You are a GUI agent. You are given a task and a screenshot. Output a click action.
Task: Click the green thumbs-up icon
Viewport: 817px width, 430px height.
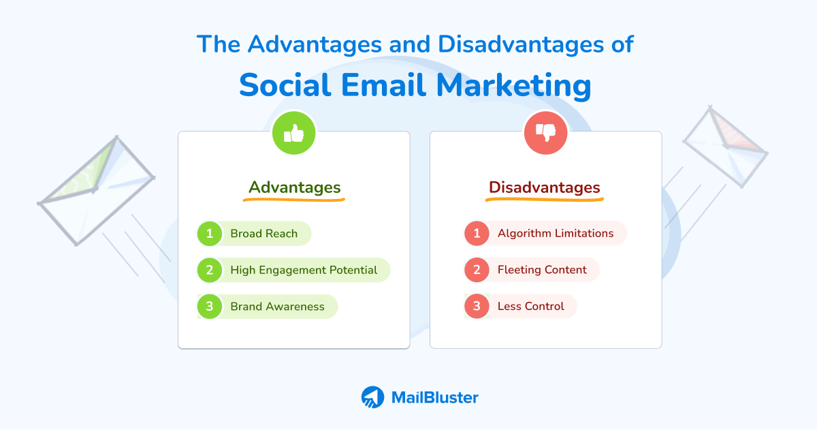(293, 133)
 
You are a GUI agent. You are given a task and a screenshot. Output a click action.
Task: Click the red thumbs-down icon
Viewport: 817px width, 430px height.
(545, 133)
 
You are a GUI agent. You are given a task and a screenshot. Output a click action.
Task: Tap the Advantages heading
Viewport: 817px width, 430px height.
(294, 187)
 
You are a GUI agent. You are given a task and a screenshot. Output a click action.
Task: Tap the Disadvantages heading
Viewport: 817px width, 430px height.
(545, 187)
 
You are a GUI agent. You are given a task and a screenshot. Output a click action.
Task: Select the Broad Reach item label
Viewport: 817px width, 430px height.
(263, 234)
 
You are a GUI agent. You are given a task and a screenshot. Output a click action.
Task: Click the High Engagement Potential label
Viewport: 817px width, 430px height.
(304, 270)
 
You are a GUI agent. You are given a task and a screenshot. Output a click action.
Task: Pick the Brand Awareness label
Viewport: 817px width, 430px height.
(277, 307)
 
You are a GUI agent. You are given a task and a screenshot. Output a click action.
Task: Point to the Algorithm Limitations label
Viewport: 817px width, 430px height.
(555, 233)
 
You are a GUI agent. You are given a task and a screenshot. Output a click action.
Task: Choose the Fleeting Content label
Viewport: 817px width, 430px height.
(542, 270)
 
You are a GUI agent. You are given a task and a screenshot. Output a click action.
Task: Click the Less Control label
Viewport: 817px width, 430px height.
(530, 307)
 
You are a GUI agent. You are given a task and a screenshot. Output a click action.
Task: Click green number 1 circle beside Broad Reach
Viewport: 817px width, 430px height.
(210, 234)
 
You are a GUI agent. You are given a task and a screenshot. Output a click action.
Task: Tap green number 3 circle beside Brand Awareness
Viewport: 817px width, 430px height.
(210, 307)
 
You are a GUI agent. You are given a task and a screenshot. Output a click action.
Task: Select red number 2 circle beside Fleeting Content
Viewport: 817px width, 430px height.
(477, 270)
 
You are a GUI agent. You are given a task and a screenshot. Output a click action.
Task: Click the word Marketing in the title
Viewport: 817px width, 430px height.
(513, 87)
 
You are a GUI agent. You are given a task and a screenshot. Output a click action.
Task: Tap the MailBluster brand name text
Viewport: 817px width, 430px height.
(434, 397)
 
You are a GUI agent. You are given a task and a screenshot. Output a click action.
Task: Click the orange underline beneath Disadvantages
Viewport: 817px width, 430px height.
(545, 200)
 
